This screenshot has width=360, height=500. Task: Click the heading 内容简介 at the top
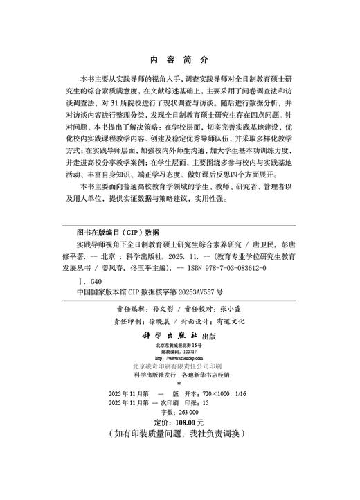(179, 60)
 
